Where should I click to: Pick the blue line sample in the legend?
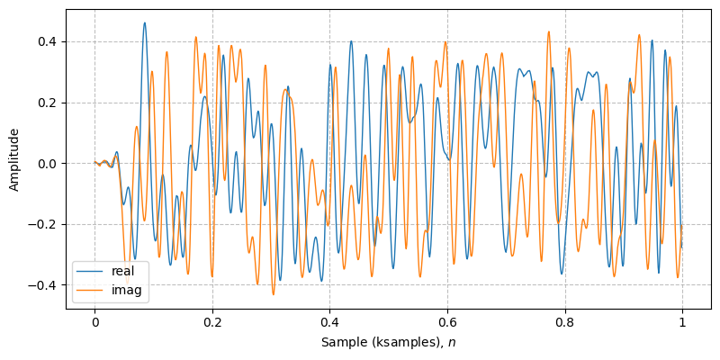(x=90, y=270)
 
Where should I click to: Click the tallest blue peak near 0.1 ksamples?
(x=144, y=23)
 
